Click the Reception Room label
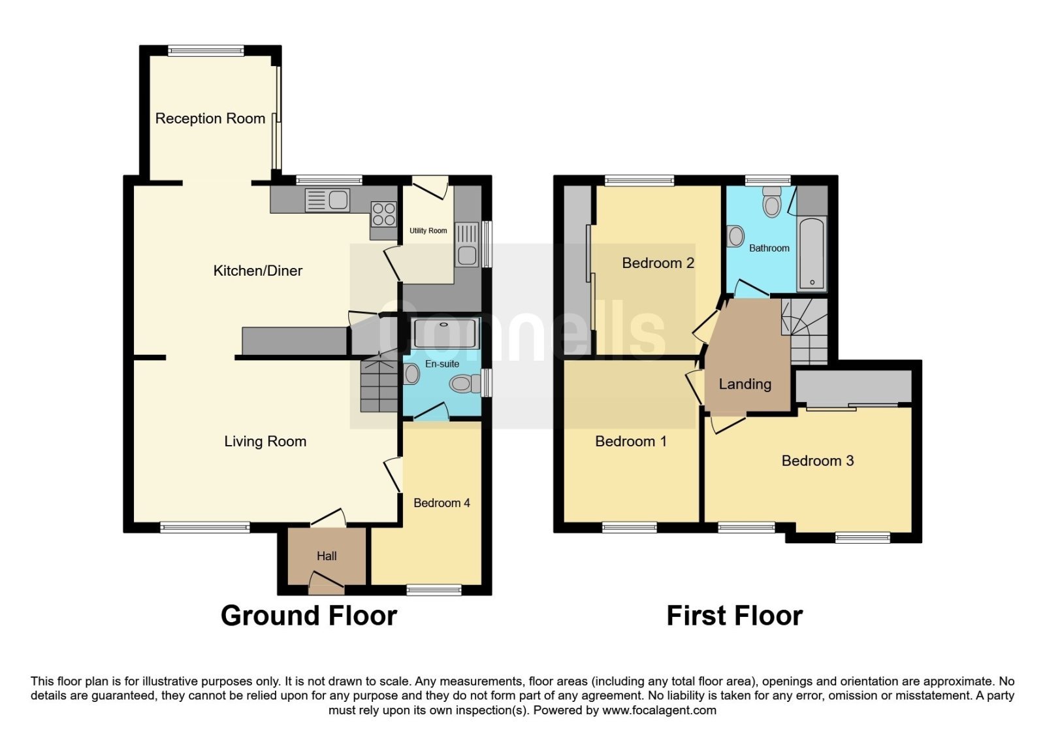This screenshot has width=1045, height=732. coord(210,118)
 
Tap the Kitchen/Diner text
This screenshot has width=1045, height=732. coord(257,271)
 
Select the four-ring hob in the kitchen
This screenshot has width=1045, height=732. coord(384,214)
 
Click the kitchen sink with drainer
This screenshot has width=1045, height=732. coord(327,200)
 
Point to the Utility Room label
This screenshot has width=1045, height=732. coord(428,231)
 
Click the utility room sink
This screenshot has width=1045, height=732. coord(467,244)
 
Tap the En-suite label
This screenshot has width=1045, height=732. coord(442,363)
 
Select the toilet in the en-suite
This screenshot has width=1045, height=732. coord(465,384)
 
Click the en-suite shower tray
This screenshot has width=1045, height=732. coord(445,333)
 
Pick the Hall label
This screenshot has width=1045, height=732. coord(327,556)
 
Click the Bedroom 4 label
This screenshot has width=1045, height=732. coord(442,503)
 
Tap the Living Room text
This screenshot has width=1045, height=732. coord(265,441)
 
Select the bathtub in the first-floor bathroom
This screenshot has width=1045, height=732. coord(812,254)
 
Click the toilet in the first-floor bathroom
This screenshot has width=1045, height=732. coord(772,202)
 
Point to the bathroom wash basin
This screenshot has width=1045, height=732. coord(735,236)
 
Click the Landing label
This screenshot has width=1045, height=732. coord(745,384)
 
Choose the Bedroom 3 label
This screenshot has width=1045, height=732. coord(818,461)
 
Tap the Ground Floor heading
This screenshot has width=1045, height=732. coord(309,615)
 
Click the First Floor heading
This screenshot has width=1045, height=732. coord(735,615)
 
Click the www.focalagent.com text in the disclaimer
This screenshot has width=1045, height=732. coord(659,710)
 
